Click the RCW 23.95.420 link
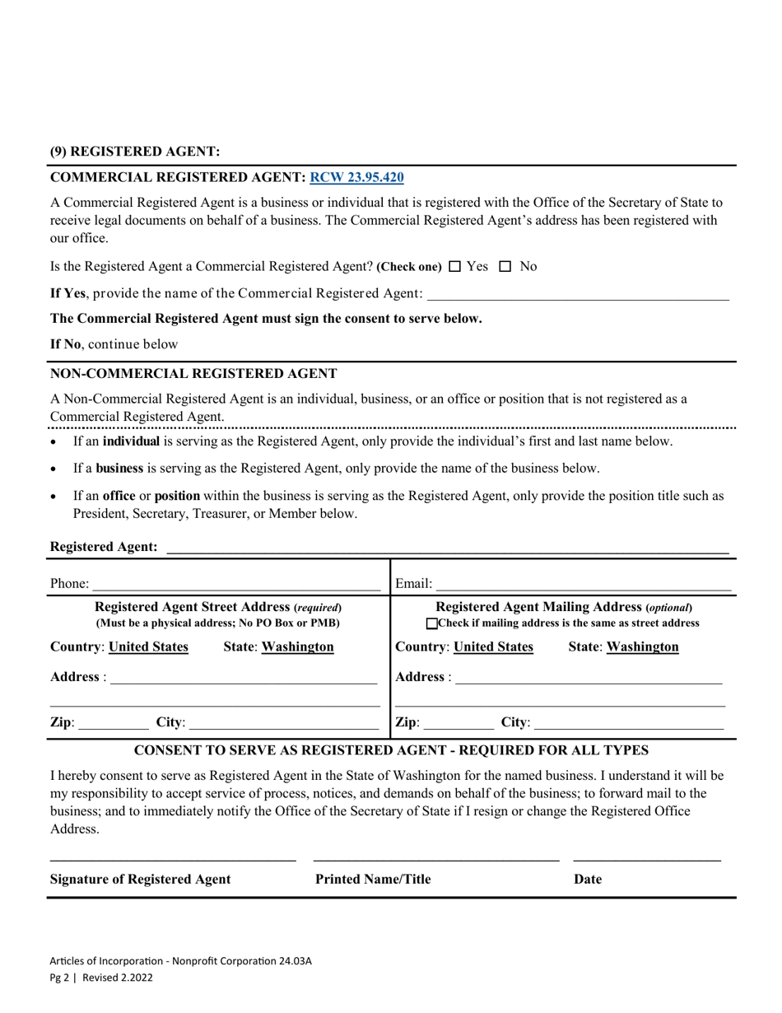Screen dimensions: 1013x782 click(x=356, y=177)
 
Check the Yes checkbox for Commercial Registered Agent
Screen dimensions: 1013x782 click(x=455, y=267)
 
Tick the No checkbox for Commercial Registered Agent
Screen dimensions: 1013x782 click(x=505, y=267)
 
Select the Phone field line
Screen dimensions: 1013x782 click(x=236, y=585)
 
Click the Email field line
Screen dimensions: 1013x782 click(x=583, y=585)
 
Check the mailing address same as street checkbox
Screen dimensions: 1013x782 click(x=433, y=623)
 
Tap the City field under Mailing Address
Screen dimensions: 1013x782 click(x=628, y=723)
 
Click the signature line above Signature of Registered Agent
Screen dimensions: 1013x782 click(x=173, y=860)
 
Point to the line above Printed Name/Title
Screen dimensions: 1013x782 click(x=436, y=860)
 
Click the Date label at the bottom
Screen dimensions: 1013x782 click(x=588, y=880)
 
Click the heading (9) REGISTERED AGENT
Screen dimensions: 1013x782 click(x=135, y=152)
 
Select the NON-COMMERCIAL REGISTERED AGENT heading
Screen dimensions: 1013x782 click(x=193, y=373)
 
